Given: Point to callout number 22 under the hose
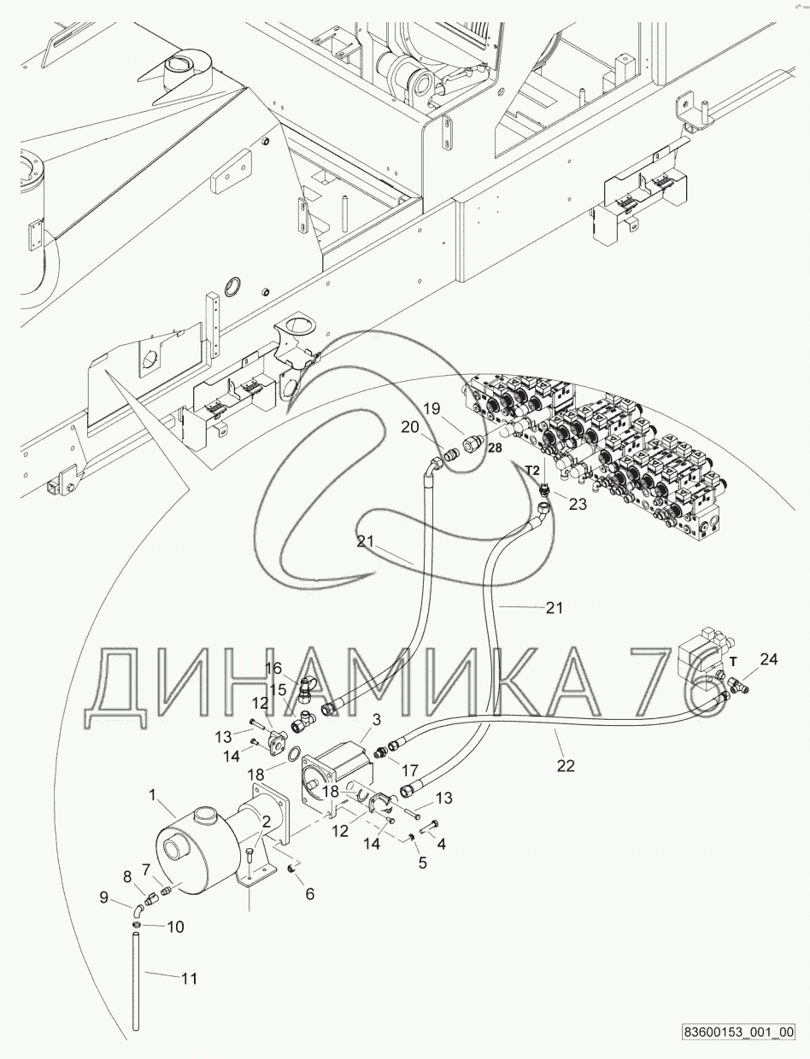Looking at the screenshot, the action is pos(566,766).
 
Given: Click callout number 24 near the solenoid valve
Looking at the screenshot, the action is pos(769,658).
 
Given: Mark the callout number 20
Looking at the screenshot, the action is pos(411,427).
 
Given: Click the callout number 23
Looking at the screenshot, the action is pos(578,504).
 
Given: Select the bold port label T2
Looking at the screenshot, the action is pos(531,470).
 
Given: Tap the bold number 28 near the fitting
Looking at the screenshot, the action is pos(495,447).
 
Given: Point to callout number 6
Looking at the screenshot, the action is pos(309,894).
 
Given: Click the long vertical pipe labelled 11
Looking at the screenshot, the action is pos(135,982).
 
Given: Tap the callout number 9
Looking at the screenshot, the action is pos(104,898).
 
